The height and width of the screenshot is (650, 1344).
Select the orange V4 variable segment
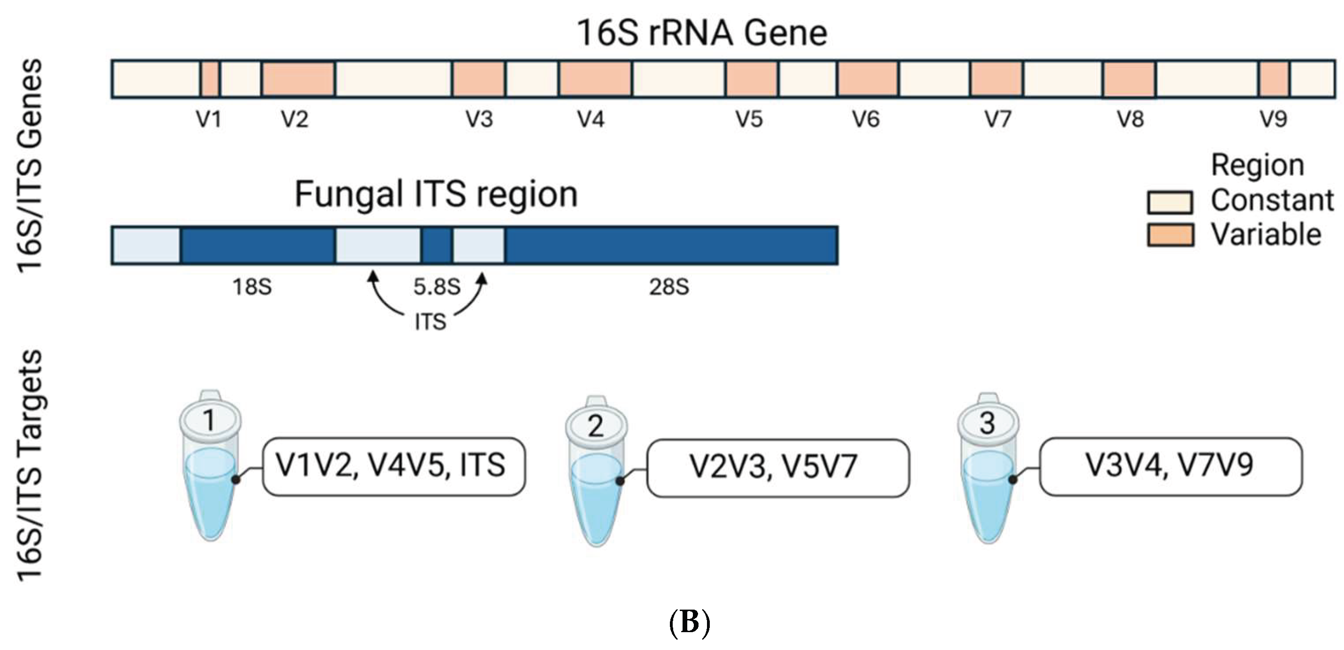595,79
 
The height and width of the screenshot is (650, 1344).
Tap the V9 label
1273,120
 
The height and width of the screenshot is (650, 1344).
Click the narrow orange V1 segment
210,79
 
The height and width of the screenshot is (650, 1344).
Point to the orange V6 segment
868,79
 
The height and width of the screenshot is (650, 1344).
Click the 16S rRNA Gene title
702,33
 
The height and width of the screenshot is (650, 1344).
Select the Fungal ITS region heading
436,194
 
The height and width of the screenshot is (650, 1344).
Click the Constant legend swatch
1170,202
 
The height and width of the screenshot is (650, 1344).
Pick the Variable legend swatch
1170,235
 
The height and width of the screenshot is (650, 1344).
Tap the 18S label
252,287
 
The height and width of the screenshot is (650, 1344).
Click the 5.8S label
437,287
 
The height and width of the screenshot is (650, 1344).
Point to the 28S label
669,287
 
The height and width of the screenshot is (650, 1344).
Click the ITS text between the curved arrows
430,322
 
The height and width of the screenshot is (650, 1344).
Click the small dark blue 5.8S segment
437,245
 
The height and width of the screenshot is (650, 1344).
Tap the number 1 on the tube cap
210,420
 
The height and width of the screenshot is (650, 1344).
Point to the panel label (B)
689,622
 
